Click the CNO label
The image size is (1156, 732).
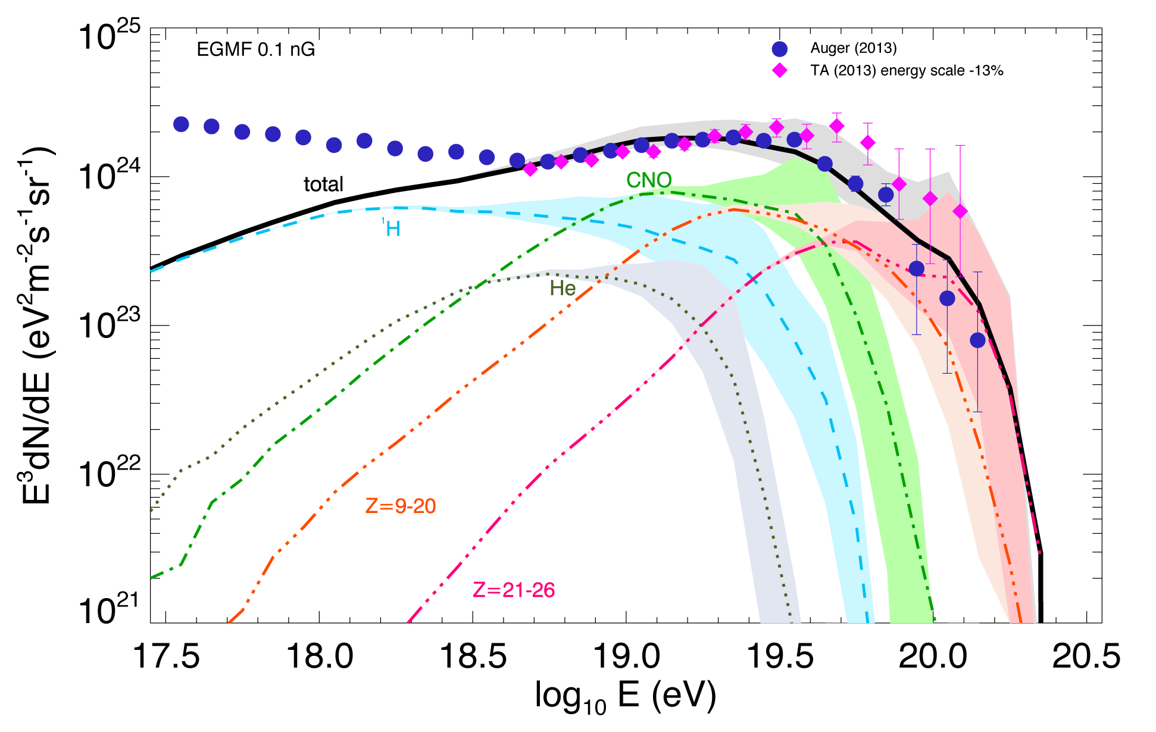coord(649,180)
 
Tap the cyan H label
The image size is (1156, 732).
coord(393,229)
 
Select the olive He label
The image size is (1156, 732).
coord(563,289)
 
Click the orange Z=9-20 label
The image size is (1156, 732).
coord(401,506)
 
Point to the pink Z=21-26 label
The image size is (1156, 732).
coord(514,590)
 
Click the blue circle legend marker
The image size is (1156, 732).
coord(779,49)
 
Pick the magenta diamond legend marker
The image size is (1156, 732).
coord(779,71)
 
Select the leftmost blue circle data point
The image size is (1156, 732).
coord(181,124)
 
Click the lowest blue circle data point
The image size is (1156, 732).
coord(977,340)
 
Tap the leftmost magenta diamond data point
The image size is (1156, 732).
coord(530,169)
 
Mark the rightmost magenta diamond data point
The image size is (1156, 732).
coord(960,211)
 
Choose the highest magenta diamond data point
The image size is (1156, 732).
coord(837,126)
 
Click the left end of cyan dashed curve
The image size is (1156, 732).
coord(151,271)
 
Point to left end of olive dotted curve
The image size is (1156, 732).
coord(151,511)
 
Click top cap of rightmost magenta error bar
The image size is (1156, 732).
coord(960,145)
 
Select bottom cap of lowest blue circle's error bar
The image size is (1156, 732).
coord(977,412)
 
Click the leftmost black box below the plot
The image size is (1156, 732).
coord(166,655)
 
